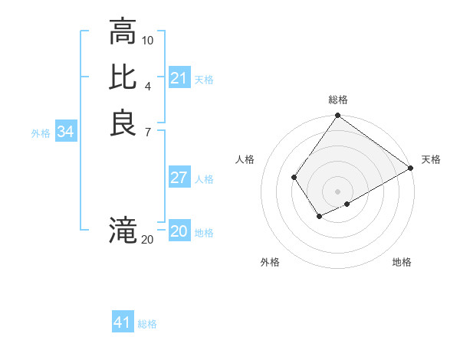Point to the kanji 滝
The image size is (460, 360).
coord(123,230)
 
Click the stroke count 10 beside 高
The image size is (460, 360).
coord(148,40)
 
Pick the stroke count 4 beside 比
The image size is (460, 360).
coord(148,85)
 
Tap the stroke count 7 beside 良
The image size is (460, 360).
coord(148,131)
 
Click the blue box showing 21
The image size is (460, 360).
coord(179,78)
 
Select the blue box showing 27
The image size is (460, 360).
coord(179,178)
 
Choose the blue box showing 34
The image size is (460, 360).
coord(65,132)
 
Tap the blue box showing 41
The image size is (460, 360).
coord(123,322)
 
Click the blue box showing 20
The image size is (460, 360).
coord(179,231)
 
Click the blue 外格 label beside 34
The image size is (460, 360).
coord(41,133)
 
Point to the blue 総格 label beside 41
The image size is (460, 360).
coord(147,324)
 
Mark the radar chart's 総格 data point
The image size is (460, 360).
coord(337,116)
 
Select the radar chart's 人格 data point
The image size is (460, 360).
coord(294,178)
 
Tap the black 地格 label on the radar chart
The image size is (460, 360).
coord(402,262)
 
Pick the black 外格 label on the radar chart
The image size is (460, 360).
coord(270,262)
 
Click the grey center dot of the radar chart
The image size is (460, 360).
coord(337,191)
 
